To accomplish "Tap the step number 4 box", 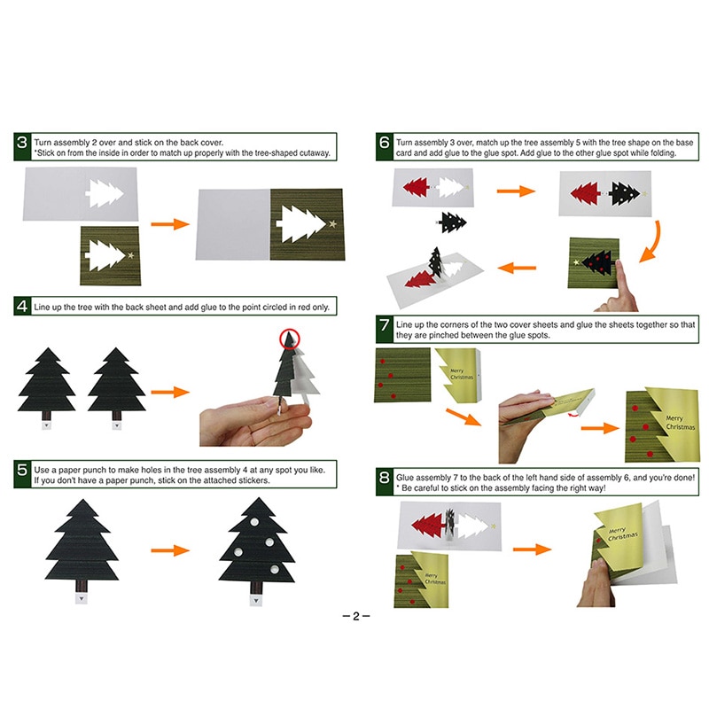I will (22, 308).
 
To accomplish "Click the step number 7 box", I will (384, 326).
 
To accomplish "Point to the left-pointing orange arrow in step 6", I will (518, 266).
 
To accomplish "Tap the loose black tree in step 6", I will (452, 222).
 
